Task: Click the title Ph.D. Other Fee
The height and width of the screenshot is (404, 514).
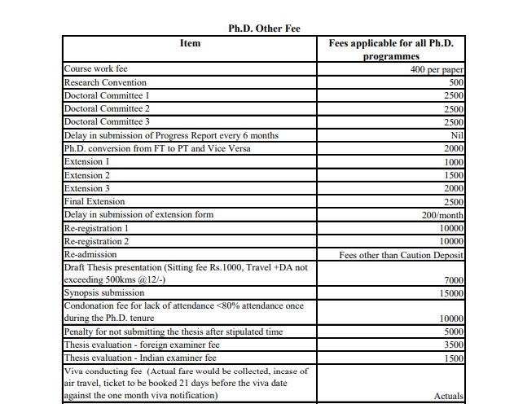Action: point(264,29)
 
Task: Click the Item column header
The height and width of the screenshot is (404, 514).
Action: point(189,43)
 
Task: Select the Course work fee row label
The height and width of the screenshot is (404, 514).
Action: point(96,69)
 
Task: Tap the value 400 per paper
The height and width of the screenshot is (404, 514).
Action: point(437,69)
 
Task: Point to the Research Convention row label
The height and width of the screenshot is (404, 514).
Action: point(105,82)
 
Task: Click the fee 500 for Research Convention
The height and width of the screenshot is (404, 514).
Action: point(456,82)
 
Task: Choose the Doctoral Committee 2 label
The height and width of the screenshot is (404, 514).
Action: point(107,108)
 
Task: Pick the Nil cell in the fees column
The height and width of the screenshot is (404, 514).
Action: point(456,135)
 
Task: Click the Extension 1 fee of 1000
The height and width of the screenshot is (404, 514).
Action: point(454,162)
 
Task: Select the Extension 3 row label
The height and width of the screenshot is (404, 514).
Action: point(87,188)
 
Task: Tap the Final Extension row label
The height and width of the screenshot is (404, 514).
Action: point(94,201)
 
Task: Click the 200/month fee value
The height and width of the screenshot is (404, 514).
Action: point(442,215)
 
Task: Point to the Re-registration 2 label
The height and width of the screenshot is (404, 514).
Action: point(96,241)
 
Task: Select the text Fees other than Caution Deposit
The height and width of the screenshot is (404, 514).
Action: point(402,255)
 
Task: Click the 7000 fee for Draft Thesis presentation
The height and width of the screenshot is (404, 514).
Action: point(454,280)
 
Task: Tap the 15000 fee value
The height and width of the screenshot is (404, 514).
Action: point(451,293)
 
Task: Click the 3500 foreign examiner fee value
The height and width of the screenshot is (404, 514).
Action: point(454,345)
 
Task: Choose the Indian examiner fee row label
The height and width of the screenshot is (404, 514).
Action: point(140,358)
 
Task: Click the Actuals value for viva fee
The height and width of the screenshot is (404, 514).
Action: point(449,397)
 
